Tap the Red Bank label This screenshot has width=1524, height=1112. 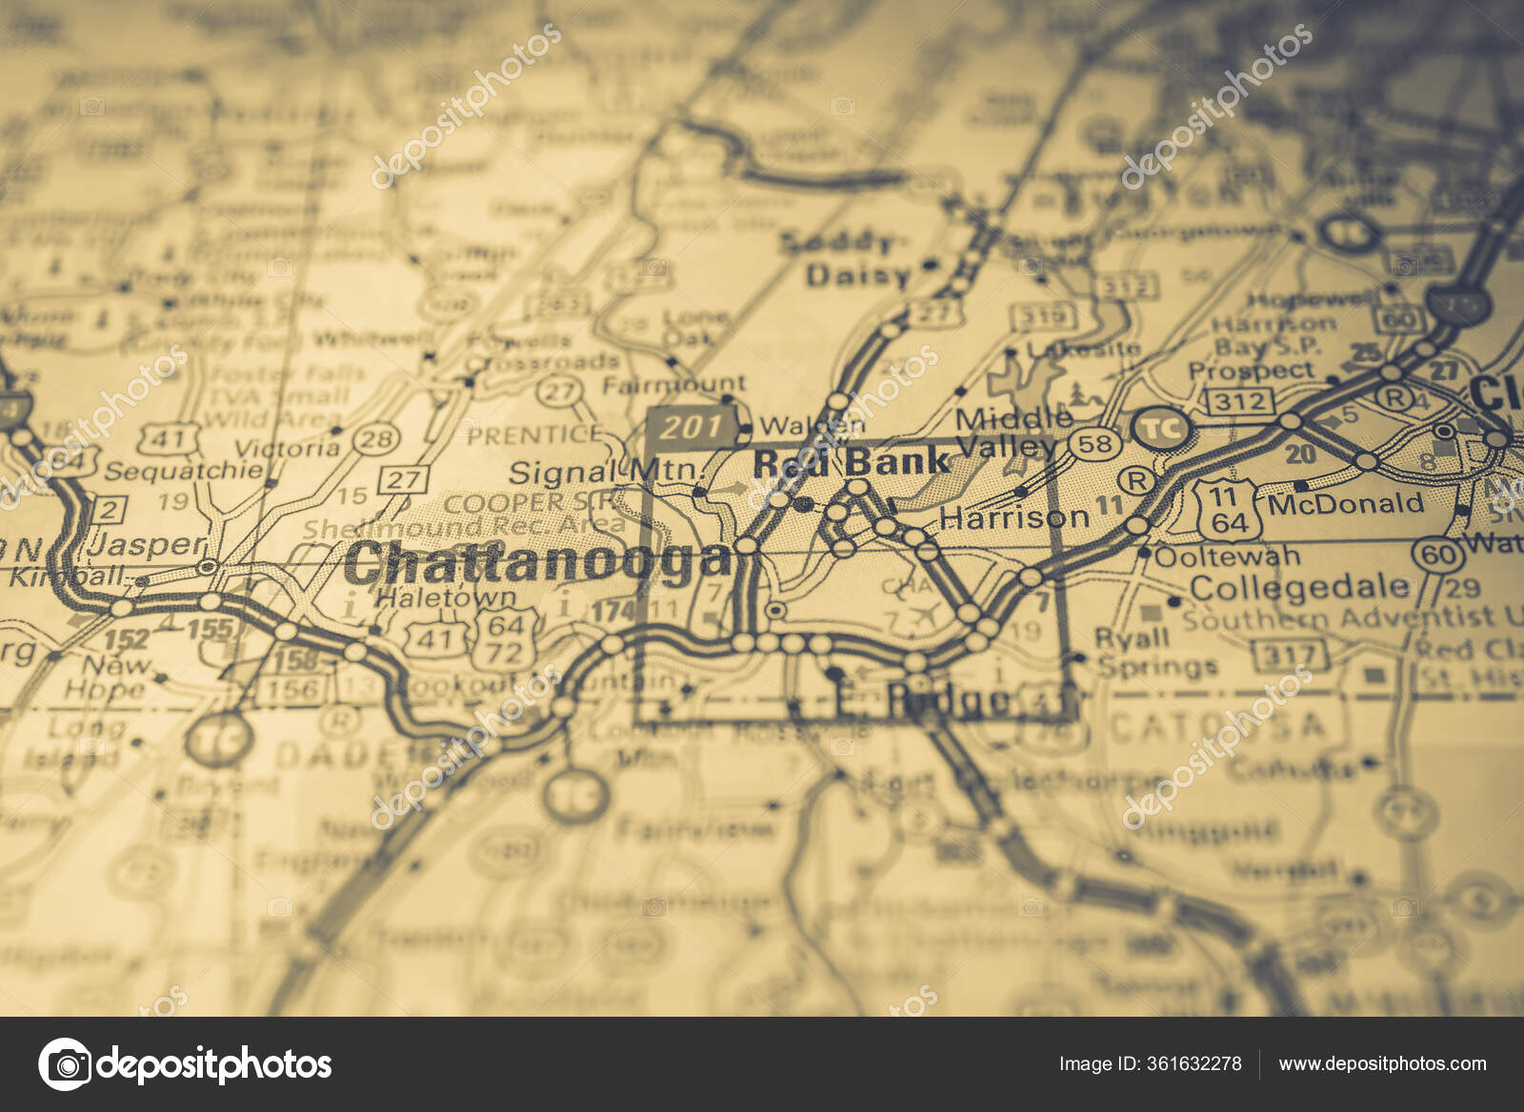(x=851, y=462)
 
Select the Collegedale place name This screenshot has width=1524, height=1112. (x=1298, y=587)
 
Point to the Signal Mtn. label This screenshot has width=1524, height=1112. (x=606, y=471)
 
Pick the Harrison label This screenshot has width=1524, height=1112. (x=1013, y=517)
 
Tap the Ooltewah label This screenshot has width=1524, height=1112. (x=1227, y=556)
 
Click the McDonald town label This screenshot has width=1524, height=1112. (x=1345, y=503)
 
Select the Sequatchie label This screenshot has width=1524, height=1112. (x=184, y=471)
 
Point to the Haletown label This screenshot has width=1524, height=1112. (x=446, y=598)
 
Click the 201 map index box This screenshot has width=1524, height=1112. (x=692, y=428)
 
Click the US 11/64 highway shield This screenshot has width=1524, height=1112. (x=1229, y=510)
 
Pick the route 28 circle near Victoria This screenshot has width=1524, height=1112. (x=377, y=438)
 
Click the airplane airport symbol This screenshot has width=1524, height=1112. (x=922, y=615)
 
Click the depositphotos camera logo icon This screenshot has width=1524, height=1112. (x=65, y=1063)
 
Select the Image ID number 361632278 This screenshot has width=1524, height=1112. (x=1197, y=1064)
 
